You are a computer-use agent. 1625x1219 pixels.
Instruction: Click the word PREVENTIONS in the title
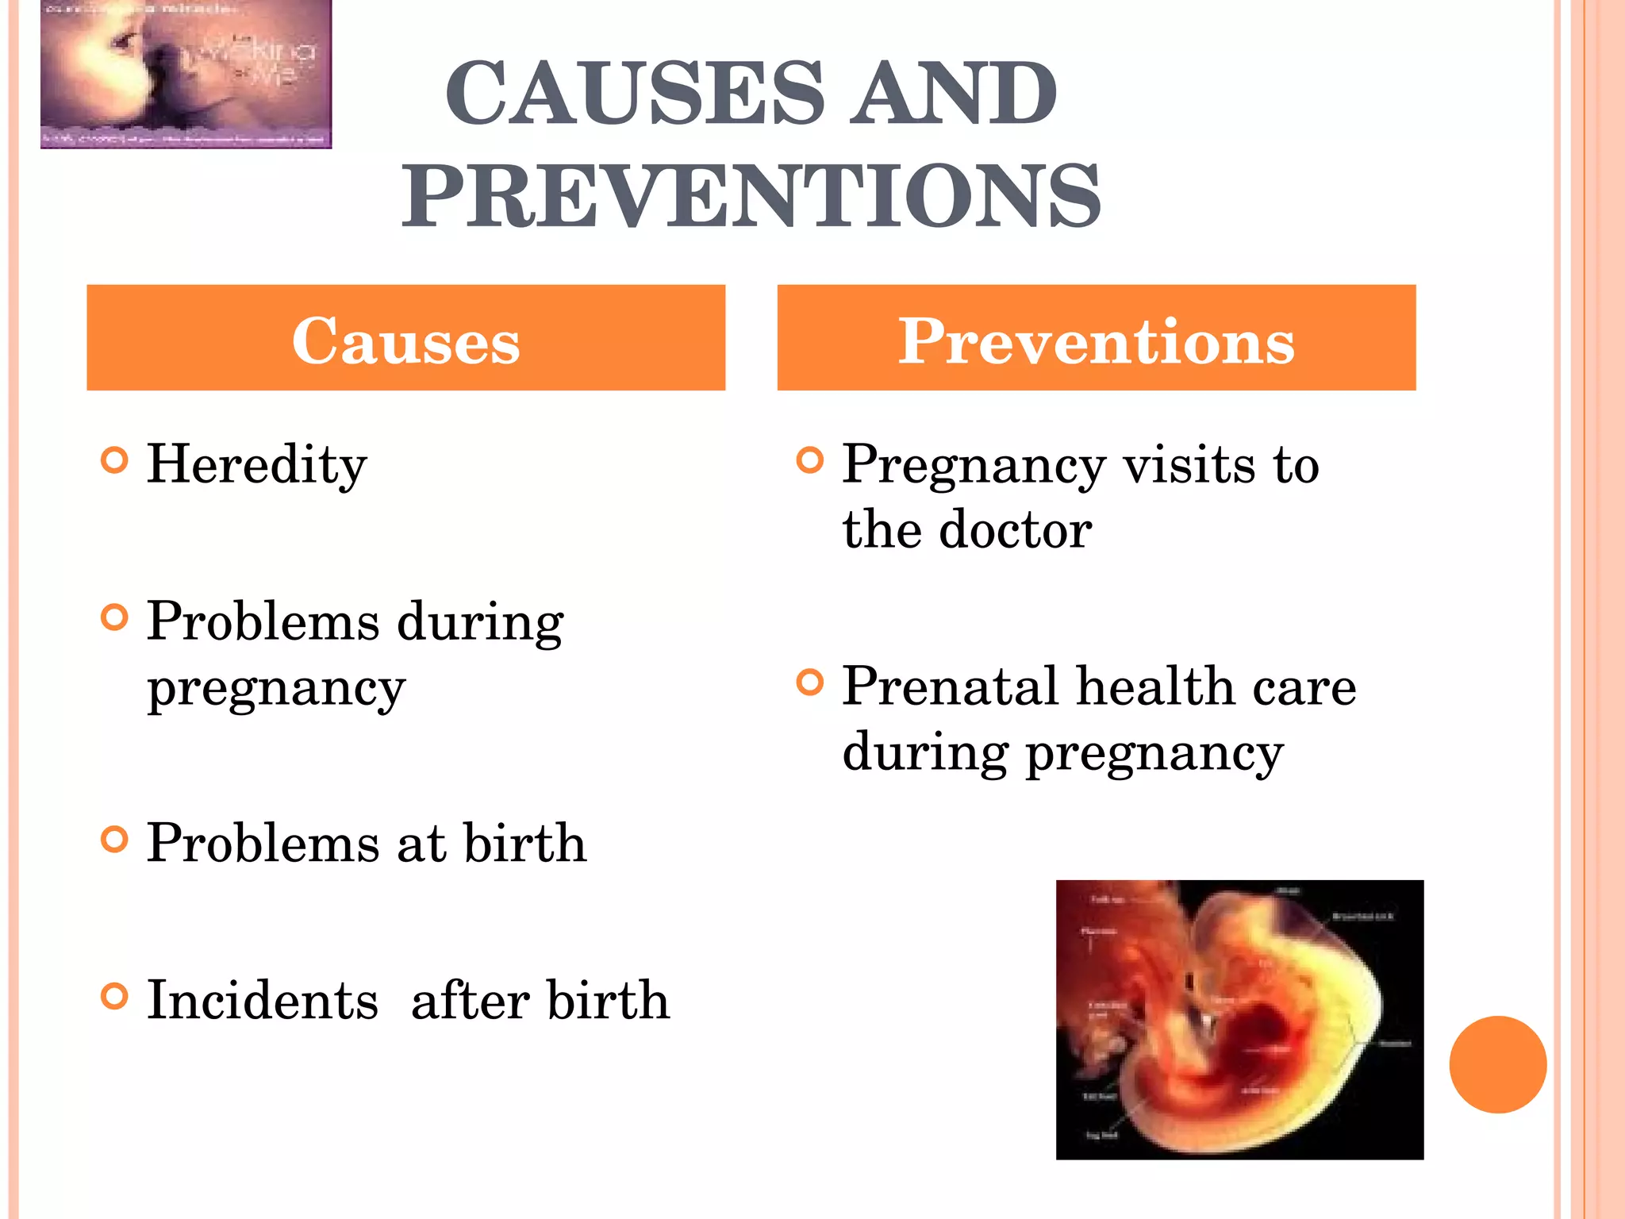[x=751, y=196]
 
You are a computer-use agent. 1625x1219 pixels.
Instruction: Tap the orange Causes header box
[x=405, y=338]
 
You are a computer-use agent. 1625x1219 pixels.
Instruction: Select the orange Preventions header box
[x=1096, y=338]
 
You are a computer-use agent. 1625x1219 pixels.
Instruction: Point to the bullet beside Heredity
[x=115, y=460]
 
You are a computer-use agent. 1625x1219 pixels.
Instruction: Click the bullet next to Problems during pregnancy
[x=115, y=617]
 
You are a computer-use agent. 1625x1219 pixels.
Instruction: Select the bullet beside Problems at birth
[x=115, y=839]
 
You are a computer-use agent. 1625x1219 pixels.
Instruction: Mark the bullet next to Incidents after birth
[x=115, y=996]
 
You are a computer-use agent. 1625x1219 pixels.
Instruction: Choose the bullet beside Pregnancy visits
[x=809, y=460]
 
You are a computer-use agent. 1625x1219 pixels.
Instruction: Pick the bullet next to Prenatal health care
[x=809, y=683]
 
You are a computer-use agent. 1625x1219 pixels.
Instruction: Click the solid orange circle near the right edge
[x=1497, y=1064]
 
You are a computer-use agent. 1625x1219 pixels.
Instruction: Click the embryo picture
[x=1239, y=1020]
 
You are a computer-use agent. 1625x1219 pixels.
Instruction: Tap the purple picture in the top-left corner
[x=186, y=74]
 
